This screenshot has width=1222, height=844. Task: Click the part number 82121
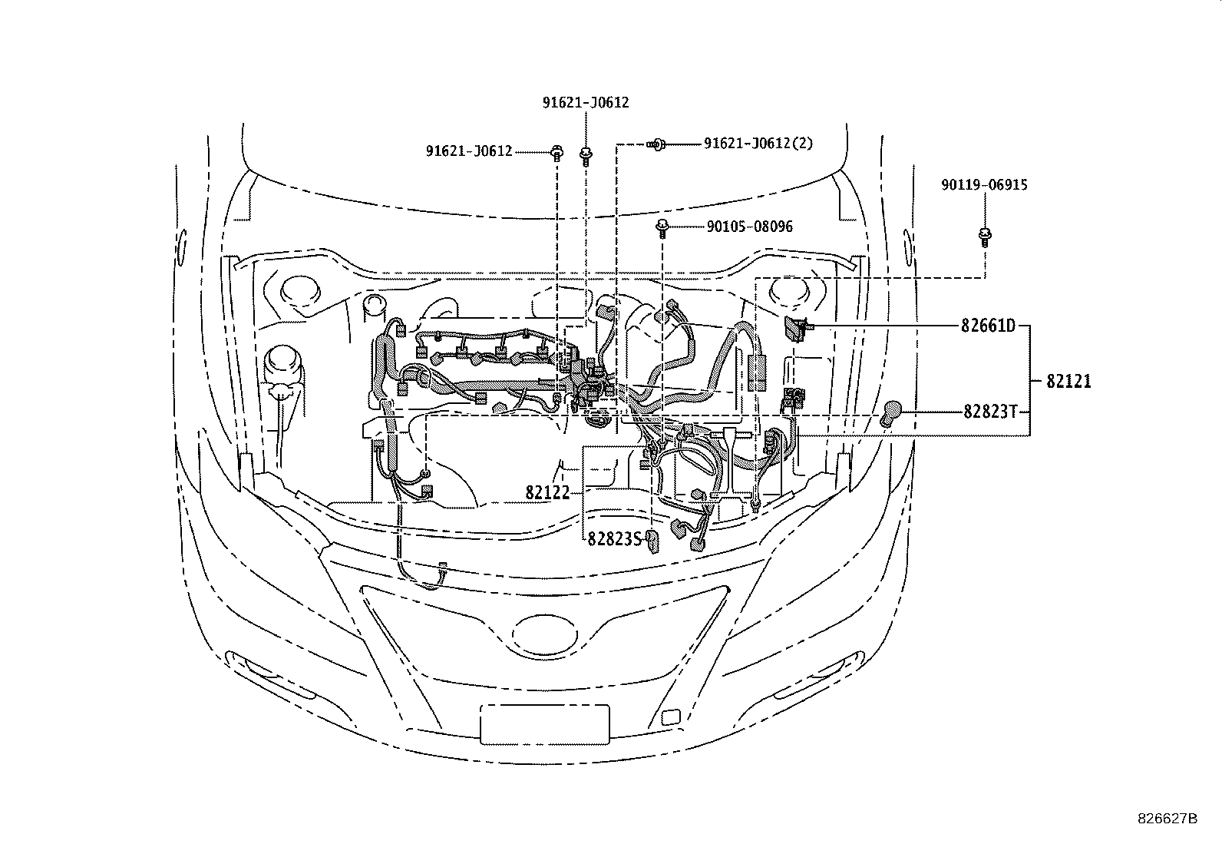point(1068,381)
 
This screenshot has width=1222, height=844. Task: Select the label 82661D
point(987,326)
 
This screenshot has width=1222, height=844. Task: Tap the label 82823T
point(990,412)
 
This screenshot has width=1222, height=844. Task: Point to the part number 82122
point(548,492)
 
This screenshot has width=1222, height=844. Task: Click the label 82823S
point(614,539)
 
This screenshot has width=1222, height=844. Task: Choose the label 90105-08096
point(749,227)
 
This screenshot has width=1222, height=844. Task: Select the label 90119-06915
point(985,185)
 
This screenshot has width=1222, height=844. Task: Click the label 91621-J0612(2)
point(758,143)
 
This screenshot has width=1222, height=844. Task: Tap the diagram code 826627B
point(1167,819)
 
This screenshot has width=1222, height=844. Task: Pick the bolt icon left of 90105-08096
point(661,227)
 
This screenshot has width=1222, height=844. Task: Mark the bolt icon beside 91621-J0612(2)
point(658,144)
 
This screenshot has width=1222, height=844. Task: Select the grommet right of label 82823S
point(652,540)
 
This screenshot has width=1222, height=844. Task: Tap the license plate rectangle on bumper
point(544,724)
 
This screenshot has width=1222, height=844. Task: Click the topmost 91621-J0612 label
point(586,102)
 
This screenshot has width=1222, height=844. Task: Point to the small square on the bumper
point(669,718)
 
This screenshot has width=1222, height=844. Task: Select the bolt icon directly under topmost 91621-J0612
point(586,156)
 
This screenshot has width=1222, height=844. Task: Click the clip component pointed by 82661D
point(795,328)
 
